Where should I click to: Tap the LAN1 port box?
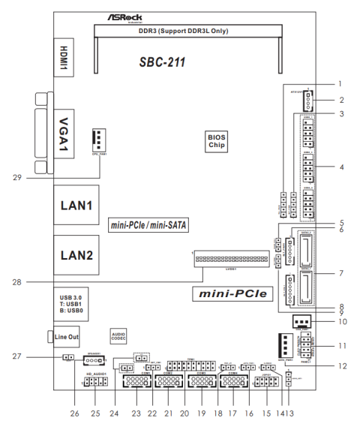click(76, 204)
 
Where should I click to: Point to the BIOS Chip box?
click(217, 141)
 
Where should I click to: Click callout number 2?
click(340, 99)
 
